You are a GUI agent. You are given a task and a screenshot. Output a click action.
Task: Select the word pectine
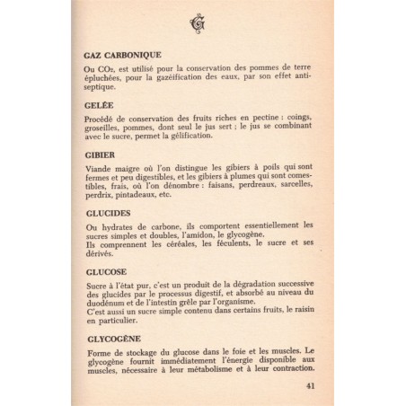tap(262, 118)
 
